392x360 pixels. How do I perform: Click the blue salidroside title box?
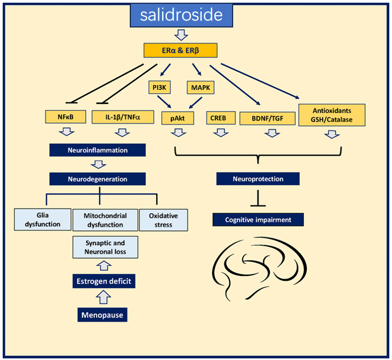coord(181,15)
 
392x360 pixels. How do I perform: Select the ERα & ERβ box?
coord(180,51)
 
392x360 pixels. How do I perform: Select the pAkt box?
coord(177,117)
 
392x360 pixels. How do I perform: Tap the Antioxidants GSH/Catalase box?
coord(332,115)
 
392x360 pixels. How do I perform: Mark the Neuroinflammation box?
coord(97,150)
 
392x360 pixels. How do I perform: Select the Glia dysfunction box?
coord(43,220)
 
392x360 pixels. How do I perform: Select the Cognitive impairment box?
coord(257,220)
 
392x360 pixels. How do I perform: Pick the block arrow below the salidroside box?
coord(181,35)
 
